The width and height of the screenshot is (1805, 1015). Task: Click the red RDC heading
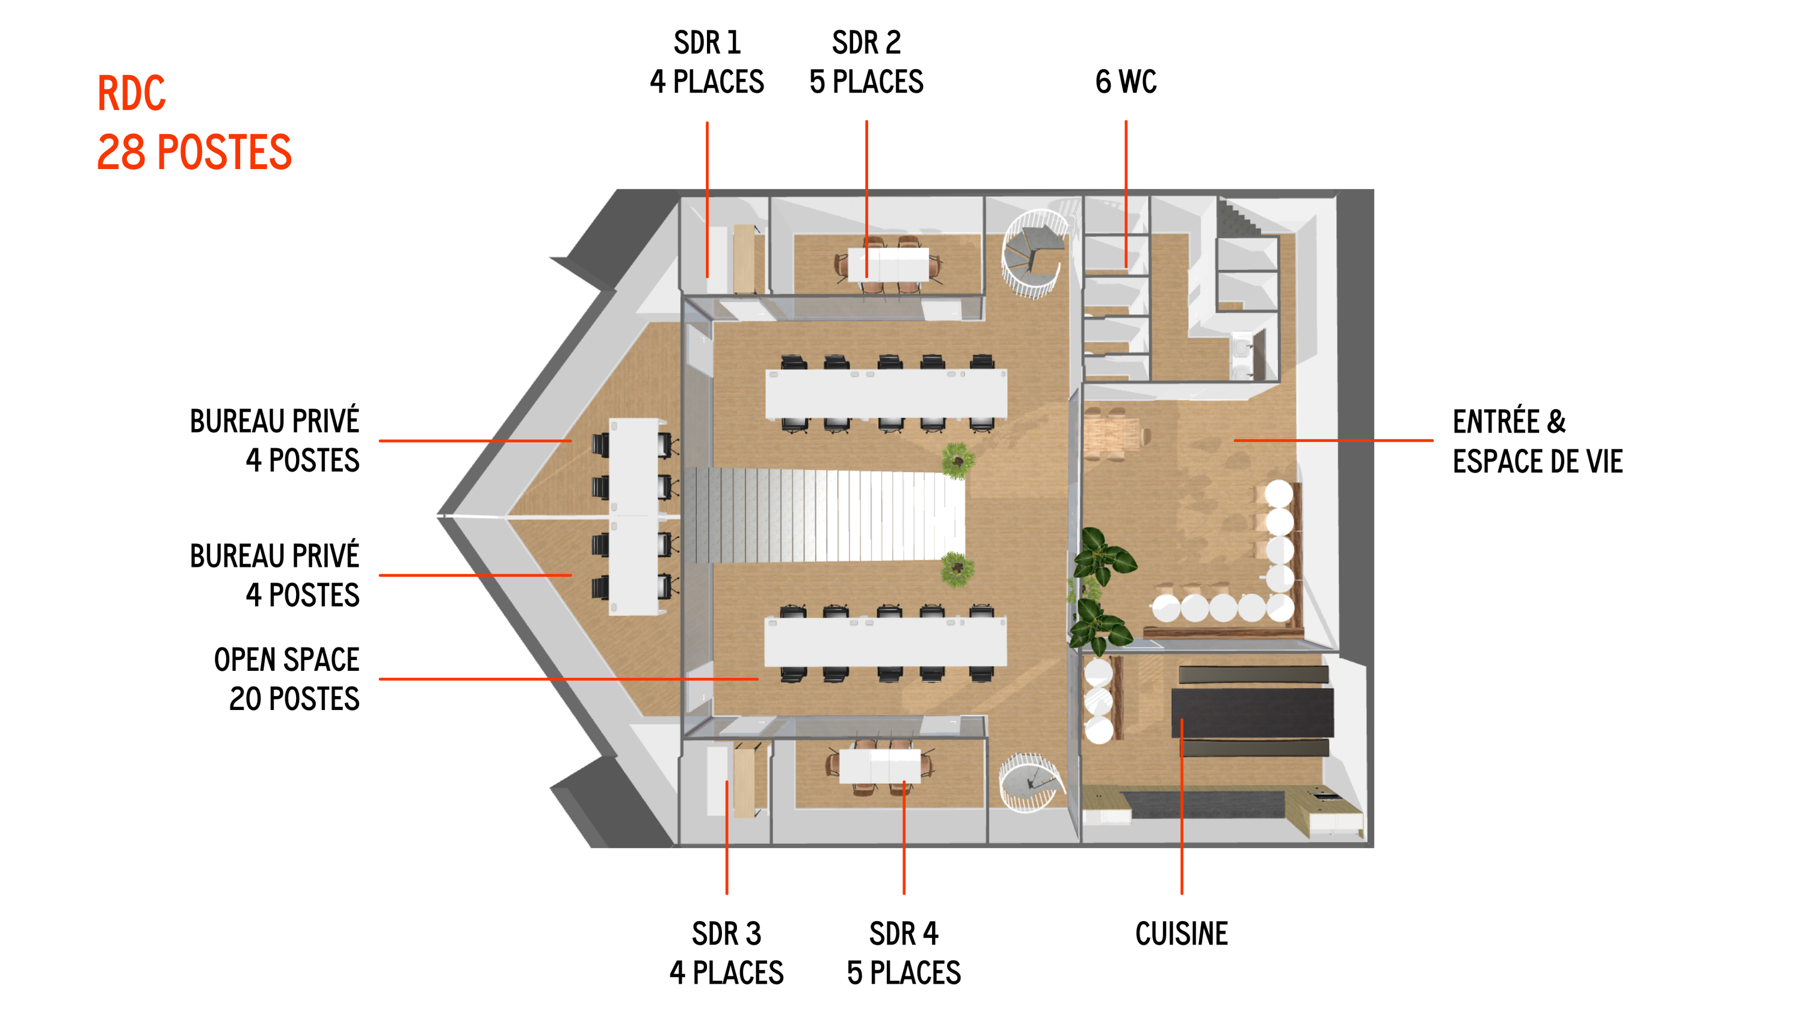pyautogui.click(x=131, y=93)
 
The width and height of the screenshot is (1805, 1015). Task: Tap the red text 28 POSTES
pyautogui.click(x=194, y=152)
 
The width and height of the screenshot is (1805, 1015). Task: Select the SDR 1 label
pyautogui.click(x=707, y=43)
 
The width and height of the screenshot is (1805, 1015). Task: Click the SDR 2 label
pyautogui.click(x=866, y=43)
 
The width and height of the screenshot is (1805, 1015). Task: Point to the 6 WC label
pyautogui.click(x=1126, y=82)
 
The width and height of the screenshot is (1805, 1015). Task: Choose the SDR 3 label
pyautogui.click(x=727, y=933)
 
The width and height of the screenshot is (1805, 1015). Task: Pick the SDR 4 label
pyautogui.click(x=904, y=933)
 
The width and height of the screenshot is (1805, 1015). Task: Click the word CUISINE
pyautogui.click(x=1182, y=933)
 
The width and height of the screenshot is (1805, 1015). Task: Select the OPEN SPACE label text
pyautogui.click(x=286, y=660)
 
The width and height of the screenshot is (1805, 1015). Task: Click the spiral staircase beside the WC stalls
pyautogui.click(x=1034, y=253)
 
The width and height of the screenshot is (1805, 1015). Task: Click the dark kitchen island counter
pyautogui.click(x=1252, y=712)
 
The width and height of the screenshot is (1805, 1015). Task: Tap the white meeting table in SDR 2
pyautogui.click(x=889, y=264)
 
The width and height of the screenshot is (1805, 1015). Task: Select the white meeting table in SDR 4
pyautogui.click(x=880, y=766)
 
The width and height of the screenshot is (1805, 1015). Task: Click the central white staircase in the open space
pyautogui.click(x=825, y=516)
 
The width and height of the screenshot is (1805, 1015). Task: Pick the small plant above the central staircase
pyautogui.click(x=957, y=460)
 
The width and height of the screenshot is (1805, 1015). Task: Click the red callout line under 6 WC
pyautogui.click(x=1126, y=194)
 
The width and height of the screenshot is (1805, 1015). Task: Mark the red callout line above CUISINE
pyautogui.click(x=1182, y=806)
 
